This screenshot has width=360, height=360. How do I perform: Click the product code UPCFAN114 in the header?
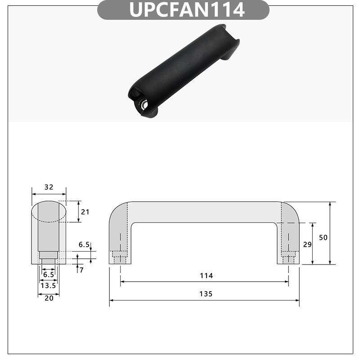187,9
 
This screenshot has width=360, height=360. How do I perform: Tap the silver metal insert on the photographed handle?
144,104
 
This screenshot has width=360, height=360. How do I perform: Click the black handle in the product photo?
184,67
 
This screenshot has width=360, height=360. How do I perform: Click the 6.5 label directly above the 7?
84,245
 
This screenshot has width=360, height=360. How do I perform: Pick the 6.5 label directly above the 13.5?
48,274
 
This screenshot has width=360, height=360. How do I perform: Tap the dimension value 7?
81,270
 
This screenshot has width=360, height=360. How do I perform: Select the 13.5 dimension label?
48,285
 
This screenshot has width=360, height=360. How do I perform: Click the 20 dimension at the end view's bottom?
48,298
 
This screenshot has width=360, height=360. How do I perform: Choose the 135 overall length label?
204,294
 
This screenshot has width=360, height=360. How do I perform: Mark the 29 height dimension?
307,244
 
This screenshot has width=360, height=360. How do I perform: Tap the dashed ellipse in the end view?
49,211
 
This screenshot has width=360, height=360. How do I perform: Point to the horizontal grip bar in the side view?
204,211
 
